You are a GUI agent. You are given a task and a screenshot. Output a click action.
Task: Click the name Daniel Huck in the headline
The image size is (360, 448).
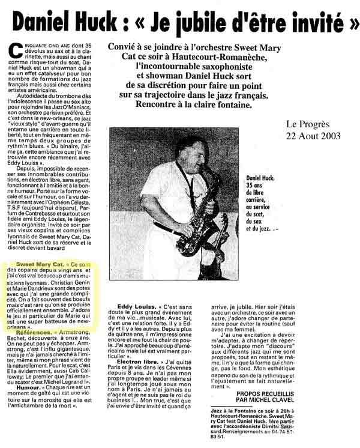coord(64,23)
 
